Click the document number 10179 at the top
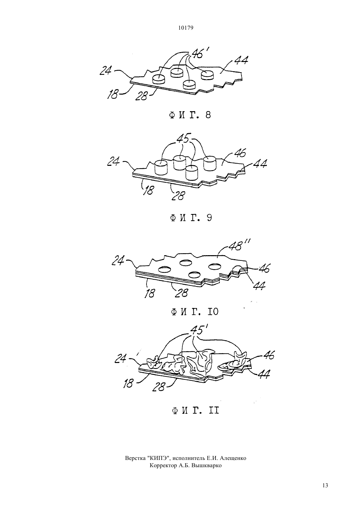point(185,28)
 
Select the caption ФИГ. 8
point(190,115)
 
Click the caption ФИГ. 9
point(191,218)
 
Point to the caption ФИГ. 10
point(195,312)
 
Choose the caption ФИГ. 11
point(195,410)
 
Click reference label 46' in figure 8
point(198,53)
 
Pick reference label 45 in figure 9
point(184,138)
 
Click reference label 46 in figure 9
point(239,153)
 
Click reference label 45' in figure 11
point(198,330)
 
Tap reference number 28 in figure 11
point(159,387)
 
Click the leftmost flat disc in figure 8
point(159,79)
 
